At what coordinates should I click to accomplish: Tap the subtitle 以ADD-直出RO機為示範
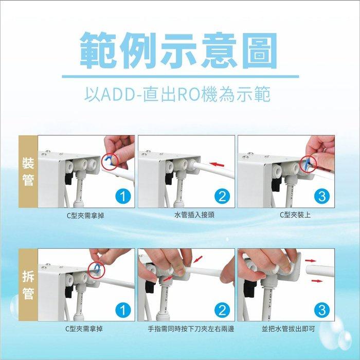(x=180, y=95)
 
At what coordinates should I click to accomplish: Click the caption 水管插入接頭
(x=187, y=214)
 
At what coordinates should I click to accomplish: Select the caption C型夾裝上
(x=287, y=214)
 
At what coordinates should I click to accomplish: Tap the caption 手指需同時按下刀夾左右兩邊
(x=187, y=328)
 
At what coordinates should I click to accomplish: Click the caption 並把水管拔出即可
(x=287, y=328)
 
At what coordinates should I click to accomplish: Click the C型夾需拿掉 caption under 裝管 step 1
(x=87, y=214)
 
